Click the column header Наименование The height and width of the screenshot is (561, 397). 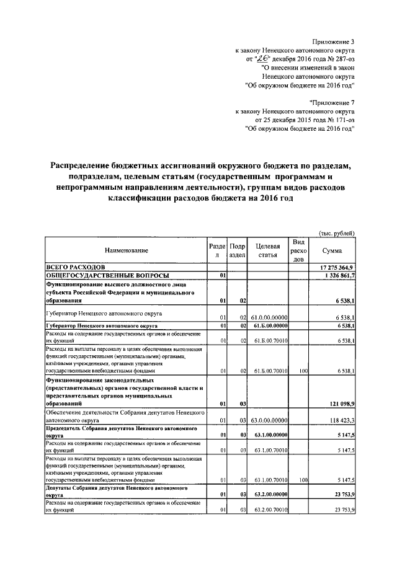(x=126, y=250)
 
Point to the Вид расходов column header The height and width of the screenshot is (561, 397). (x=298, y=250)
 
